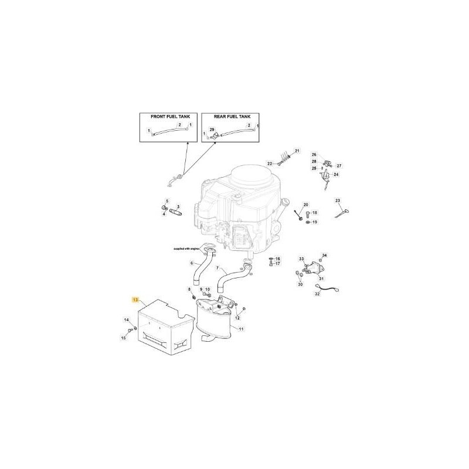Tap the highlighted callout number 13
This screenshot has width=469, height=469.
135,300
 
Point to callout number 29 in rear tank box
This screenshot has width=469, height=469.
212,130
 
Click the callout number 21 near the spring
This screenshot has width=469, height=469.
297,151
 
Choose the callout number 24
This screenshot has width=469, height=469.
336,174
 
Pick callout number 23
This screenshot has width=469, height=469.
338,200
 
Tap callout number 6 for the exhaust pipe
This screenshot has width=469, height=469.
192,263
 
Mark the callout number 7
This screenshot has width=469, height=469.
218,269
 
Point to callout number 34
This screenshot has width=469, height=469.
325,255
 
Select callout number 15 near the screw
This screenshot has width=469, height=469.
124,337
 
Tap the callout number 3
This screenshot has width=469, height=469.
178,206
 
